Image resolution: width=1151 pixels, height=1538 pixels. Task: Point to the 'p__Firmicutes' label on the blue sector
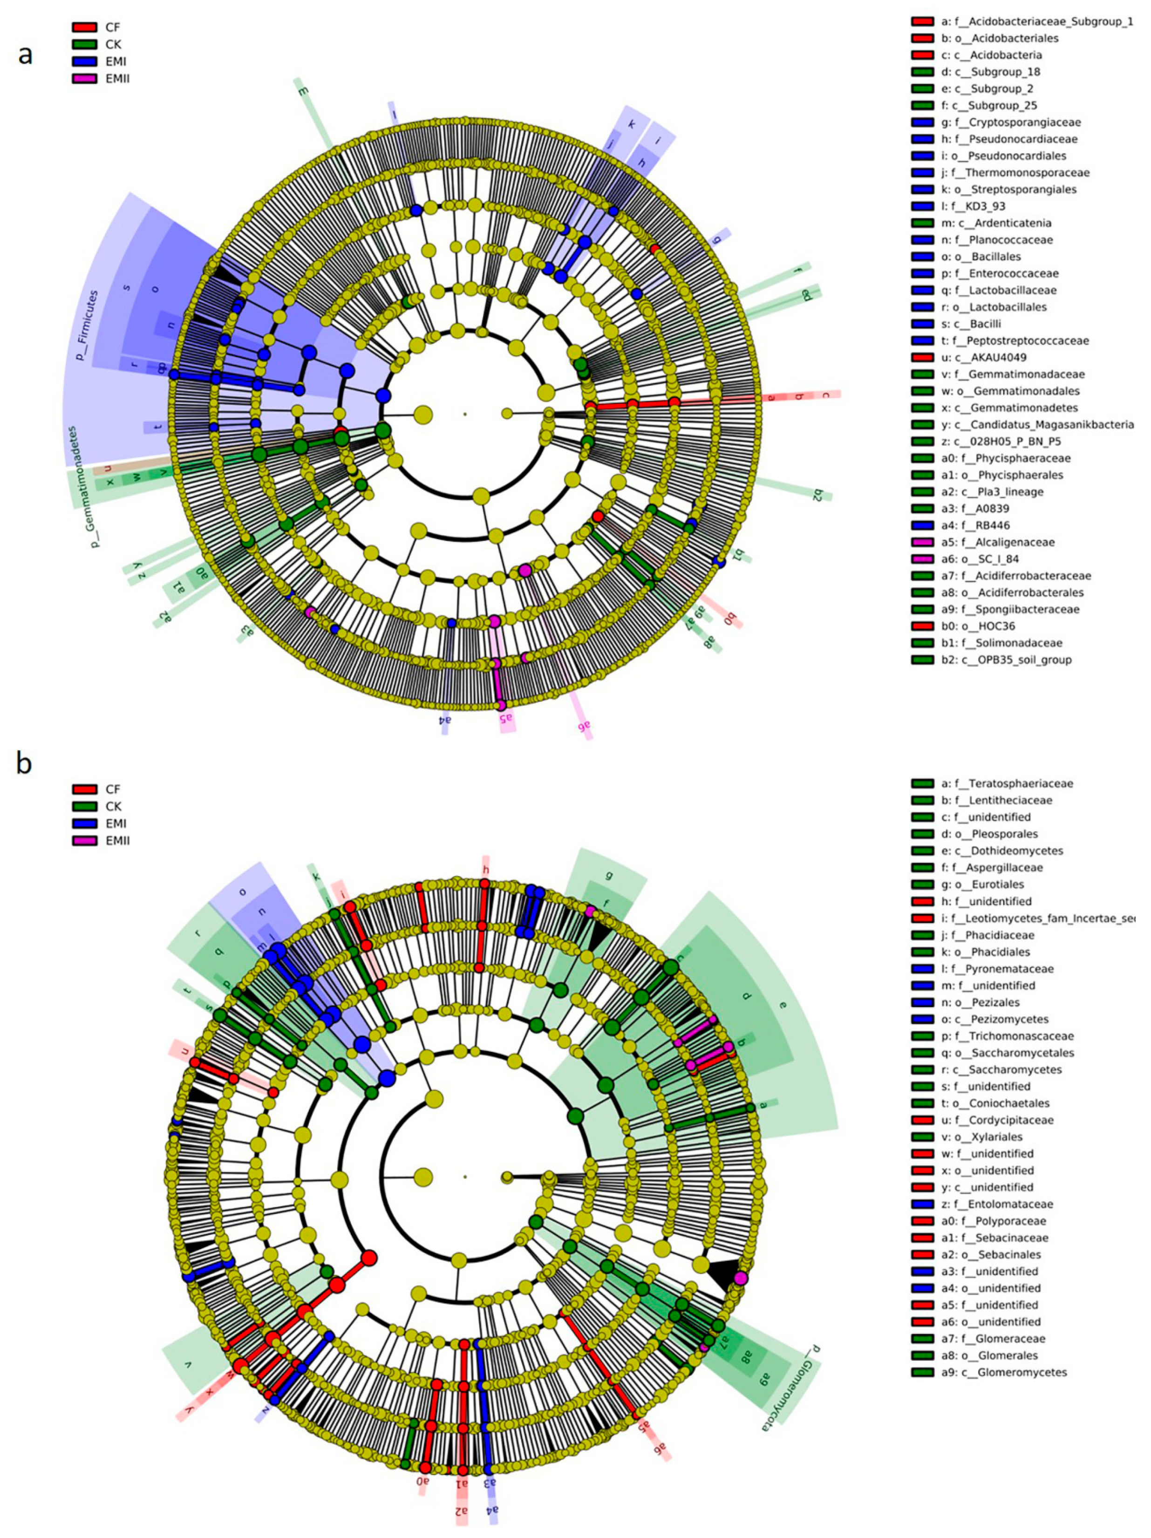pos(87,326)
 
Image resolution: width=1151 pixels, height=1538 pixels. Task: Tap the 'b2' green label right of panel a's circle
pos(817,495)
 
